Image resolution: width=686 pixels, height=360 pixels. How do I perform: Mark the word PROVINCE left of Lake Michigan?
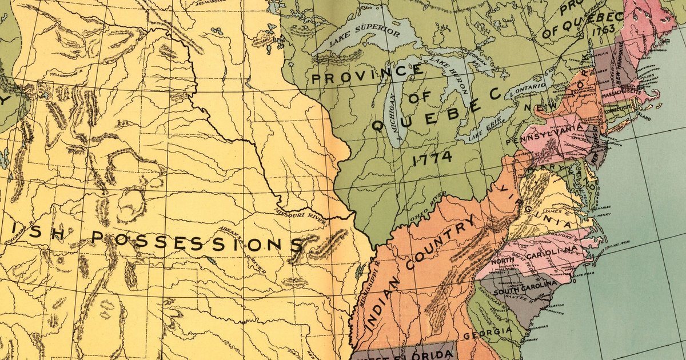366,76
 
